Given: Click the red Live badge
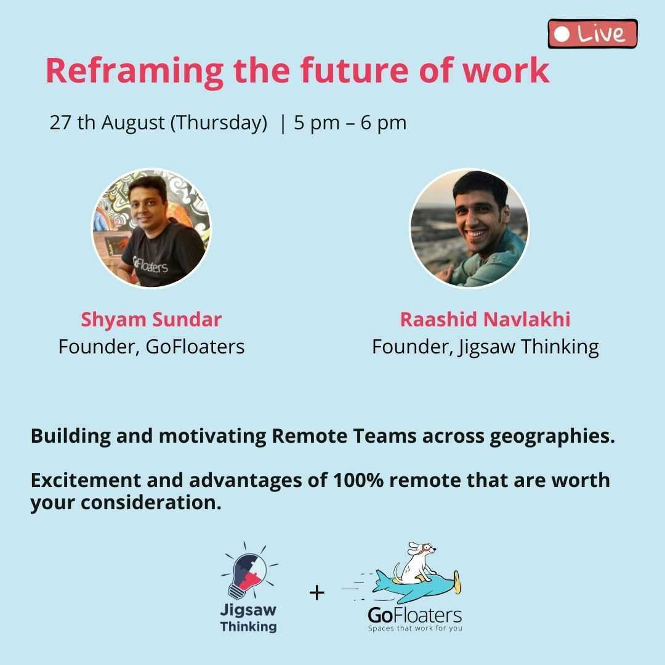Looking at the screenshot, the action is pos(592,33).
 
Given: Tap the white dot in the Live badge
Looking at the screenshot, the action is pos(562,34).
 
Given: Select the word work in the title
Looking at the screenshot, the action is pos(506,70).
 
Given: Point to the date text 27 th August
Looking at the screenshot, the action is pos(107,123).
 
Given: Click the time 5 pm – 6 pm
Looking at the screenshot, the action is pos(350,123).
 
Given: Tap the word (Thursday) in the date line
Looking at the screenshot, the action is pos(219,123).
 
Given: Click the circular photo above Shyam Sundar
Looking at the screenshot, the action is pos(151,228).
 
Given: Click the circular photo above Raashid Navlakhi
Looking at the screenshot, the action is pos(469,228).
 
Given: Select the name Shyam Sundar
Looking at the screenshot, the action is pos(151,320).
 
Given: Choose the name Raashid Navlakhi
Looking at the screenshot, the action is pos(485,320).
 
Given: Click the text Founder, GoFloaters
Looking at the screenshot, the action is pos(151,347).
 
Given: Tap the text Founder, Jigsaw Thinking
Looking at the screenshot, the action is pos(485,347).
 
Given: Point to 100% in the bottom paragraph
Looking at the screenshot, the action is pos(358,480).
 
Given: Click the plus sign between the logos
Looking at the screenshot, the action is pos(317,593).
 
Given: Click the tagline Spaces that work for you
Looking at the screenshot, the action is pos(415,628).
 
